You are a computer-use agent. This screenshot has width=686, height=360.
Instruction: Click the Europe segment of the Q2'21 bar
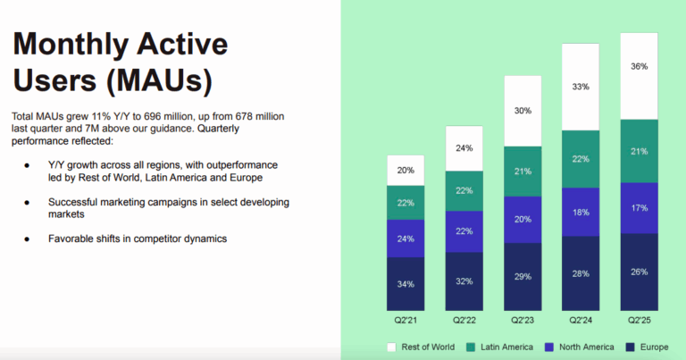point(406,285)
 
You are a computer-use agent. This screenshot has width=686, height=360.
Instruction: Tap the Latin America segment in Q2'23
point(523,171)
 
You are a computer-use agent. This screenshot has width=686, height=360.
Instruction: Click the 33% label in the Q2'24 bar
point(581,87)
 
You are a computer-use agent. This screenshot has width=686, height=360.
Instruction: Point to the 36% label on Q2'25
point(638,66)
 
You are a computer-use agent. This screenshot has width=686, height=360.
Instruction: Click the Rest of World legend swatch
point(391,347)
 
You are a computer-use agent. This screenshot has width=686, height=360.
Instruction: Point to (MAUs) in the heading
point(157,80)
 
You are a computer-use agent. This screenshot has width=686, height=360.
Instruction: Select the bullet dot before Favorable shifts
point(29,239)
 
